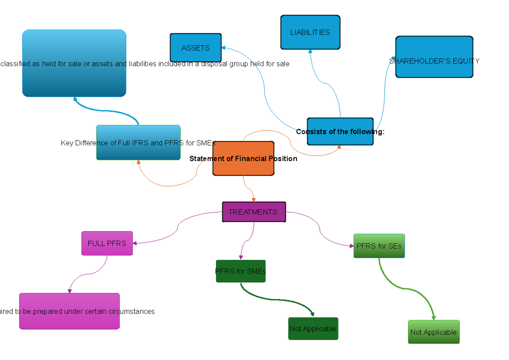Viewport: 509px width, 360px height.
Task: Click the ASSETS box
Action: (196, 48)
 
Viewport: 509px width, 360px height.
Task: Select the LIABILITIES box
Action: (310, 32)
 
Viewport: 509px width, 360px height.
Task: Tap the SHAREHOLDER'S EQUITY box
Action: (434, 57)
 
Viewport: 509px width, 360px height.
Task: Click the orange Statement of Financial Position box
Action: (243, 159)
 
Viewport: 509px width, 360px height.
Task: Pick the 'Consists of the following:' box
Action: (340, 131)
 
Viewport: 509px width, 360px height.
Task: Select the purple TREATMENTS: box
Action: (254, 212)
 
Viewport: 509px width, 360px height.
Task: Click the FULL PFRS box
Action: (107, 243)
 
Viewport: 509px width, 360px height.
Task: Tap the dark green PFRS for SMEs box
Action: (241, 271)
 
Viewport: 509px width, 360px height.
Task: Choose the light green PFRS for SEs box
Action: (379, 246)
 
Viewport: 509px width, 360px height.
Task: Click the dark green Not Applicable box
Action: (313, 329)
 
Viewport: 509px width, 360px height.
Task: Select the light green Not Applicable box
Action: (433, 332)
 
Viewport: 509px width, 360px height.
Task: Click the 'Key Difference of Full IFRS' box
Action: (138, 143)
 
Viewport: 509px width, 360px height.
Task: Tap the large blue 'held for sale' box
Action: (74, 63)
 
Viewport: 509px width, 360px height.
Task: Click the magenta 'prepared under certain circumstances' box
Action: (69, 311)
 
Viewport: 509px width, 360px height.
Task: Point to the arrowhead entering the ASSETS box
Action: (224, 48)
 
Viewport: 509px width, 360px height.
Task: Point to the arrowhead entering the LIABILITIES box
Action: (310, 51)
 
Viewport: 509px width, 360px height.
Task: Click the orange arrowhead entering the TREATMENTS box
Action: (254, 199)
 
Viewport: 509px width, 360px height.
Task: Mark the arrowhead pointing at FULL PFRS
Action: (135, 243)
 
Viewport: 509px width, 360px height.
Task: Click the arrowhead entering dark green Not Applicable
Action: (313, 315)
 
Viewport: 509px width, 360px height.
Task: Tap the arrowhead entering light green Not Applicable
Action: (433, 318)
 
